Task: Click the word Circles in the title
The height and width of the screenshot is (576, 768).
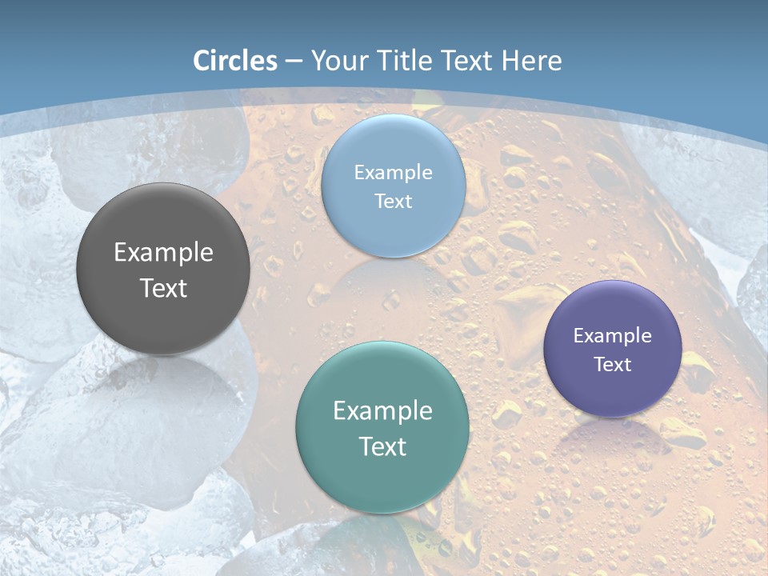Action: point(235,60)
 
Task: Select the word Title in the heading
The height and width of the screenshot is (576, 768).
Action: point(408,60)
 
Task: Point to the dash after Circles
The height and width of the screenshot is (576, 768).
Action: point(294,61)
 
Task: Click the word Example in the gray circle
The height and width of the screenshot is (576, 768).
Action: point(163,252)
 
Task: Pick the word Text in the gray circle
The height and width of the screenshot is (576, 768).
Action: point(163,288)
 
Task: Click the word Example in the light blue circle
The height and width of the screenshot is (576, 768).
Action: point(393,172)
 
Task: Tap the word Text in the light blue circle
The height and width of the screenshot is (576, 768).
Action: point(393,201)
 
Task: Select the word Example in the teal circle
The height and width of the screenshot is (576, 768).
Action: point(382,410)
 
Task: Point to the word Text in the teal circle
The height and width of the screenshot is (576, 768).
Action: point(382,446)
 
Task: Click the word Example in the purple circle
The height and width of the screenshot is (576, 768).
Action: point(613,335)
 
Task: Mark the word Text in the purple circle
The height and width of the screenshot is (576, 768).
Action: point(613,364)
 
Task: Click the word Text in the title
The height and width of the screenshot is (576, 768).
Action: point(468,60)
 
